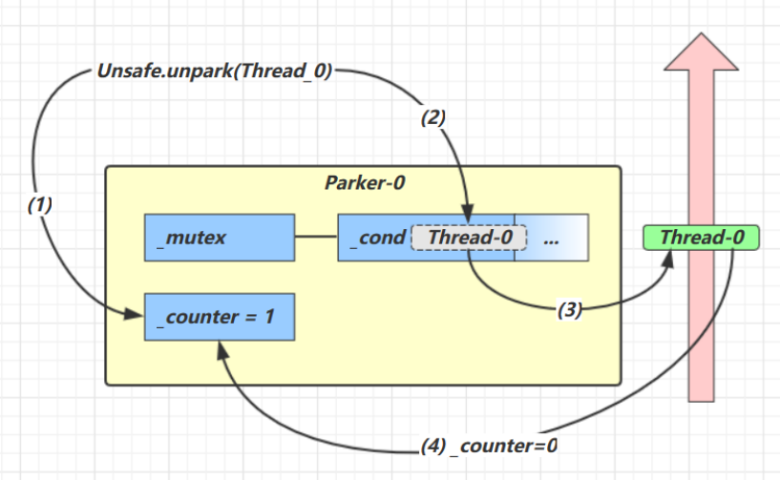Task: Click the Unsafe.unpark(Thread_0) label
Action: (214, 72)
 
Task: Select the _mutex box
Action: (219, 238)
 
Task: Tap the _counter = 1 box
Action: (219, 315)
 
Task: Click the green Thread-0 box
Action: (702, 237)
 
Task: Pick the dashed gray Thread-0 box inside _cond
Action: (469, 238)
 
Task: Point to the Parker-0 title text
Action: (362, 183)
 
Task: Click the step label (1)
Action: (39, 203)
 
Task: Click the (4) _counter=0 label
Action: (489, 446)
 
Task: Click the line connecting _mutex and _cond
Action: (316, 238)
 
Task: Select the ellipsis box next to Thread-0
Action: (551, 238)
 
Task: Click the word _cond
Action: (374, 238)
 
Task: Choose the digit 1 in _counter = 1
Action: (269, 315)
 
